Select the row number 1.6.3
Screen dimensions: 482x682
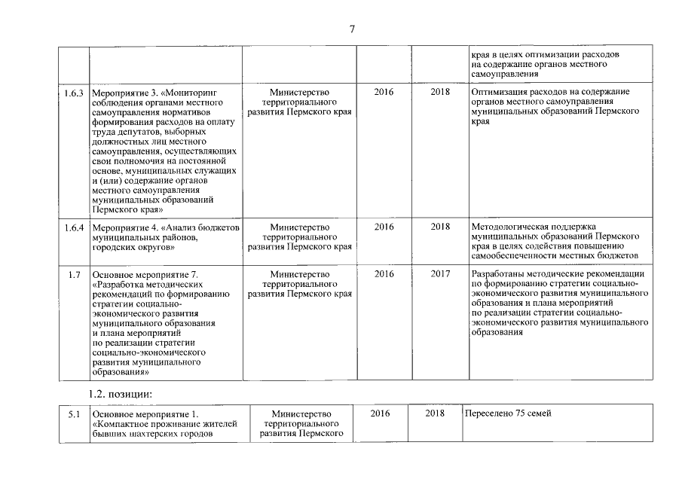(x=73, y=92)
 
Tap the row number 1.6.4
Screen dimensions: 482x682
(x=73, y=227)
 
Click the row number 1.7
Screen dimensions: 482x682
(x=74, y=274)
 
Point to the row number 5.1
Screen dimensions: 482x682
(x=73, y=414)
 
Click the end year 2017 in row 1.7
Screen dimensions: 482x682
(x=441, y=274)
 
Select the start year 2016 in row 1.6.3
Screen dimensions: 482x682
(x=384, y=92)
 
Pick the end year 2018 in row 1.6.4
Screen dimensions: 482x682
(x=441, y=227)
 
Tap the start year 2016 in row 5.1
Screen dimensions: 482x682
(x=381, y=413)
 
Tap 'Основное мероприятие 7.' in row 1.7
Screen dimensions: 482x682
(x=144, y=275)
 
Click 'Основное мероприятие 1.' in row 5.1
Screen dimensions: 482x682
(x=144, y=414)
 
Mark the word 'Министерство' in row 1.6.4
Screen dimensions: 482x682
(x=299, y=227)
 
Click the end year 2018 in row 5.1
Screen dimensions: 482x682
(x=435, y=413)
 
